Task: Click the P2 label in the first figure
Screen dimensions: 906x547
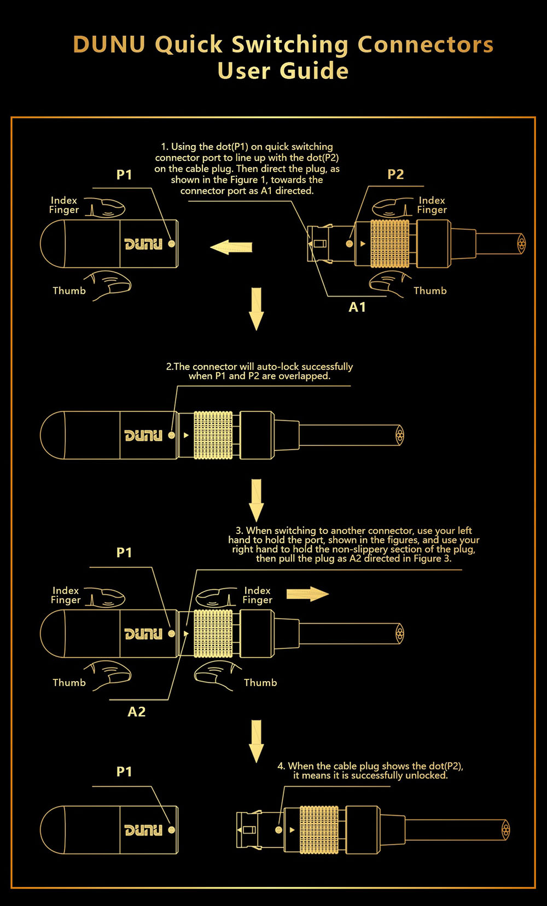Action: pos(395,175)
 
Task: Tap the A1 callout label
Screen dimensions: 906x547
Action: pos(357,307)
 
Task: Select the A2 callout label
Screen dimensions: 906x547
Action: pos(137,712)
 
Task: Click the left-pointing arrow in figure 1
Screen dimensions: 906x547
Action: pos(231,247)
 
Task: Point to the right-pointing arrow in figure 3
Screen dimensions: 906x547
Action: pos(307,594)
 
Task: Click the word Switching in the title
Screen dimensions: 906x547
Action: pos(290,45)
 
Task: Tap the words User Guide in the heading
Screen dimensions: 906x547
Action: pos(283,71)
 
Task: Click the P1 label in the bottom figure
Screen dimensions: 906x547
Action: pos(124,772)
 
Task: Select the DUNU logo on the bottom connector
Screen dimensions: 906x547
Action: pos(143,830)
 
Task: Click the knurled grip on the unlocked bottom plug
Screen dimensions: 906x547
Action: pos(319,829)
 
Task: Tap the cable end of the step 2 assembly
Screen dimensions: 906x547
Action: pos(400,435)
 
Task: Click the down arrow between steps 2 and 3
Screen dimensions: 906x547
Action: pos(256,500)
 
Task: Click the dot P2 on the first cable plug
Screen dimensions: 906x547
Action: pos(350,243)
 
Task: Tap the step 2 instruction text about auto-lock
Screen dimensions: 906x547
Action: pos(259,371)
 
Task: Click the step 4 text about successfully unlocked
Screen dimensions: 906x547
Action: pos(370,771)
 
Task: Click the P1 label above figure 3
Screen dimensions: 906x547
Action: pos(124,553)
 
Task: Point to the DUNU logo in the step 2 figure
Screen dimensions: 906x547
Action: pos(143,435)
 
